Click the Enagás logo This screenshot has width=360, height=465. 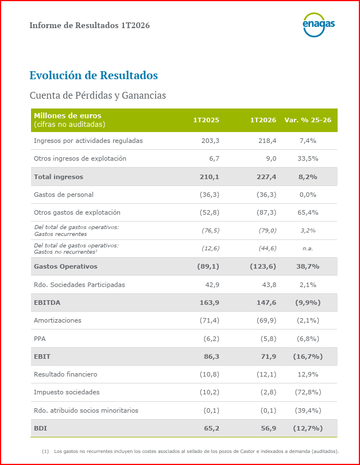pos(318,25)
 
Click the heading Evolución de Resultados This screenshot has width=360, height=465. pos(94,75)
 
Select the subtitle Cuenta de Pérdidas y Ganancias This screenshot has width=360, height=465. pos(98,95)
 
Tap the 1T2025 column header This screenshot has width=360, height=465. pos(206,120)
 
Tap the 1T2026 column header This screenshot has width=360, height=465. pos(263,120)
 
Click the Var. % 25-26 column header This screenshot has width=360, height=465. pos(308,120)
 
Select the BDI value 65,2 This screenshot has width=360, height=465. pos(210,428)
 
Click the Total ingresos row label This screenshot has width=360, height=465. pos(59,177)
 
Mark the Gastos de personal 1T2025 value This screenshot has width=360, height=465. pos(210,195)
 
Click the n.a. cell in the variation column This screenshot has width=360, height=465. pos(308,249)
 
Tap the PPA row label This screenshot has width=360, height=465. pos(41,339)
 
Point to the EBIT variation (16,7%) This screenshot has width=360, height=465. pos(308,356)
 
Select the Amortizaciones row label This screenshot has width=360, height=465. pos(57,320)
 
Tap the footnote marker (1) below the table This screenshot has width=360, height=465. pos(45,451)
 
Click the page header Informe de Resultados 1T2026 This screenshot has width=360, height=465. pos(90,25)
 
